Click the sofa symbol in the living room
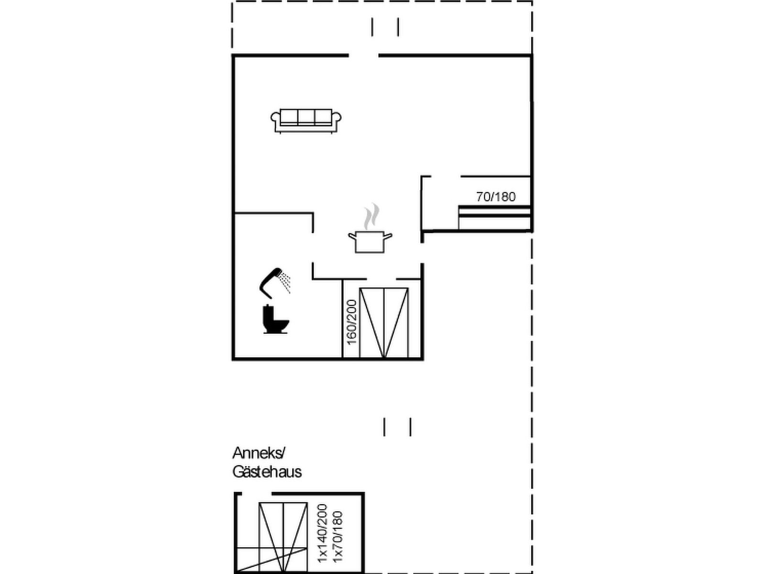click(306, 121)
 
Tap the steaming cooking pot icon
click(370, 228)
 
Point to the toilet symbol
click(276, 319)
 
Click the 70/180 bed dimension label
click(496, 197)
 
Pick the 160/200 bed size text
click(352, 322)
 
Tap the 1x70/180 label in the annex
click(338, 541)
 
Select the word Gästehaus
click(267, 472)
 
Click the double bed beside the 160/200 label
click(384, 323)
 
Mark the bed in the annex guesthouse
click(283, 537)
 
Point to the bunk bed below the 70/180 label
click(494, 218)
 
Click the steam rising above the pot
click(372, 216)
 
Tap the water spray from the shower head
click(285, 283)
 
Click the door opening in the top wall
click(363, 55)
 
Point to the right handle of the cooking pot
click(388, 236)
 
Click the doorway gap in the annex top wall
click(256, 494)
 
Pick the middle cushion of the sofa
click(306, 117)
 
